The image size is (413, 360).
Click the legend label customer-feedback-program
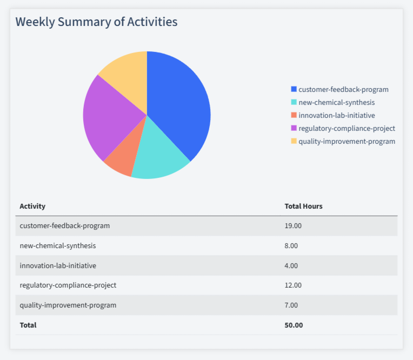click(x=343, y=89)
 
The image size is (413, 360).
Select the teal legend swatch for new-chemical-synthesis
click(x=294, y=102)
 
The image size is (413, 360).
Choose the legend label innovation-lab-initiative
click(x=336, y=115)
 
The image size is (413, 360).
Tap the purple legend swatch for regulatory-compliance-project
click(x=294, y=128)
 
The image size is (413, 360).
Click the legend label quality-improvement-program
click(x=347, y=141)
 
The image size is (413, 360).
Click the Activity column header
click(x=32, y=206)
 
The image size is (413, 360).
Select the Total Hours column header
click(x=303, y=206)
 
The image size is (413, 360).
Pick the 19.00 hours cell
click(x=293, y=225)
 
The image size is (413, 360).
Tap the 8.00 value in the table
click(x=291, y=245)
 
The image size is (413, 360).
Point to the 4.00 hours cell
click(x=291, y=265)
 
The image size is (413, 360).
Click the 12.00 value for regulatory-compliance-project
click(x=293, y=285)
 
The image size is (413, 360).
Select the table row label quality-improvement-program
click(x=68, y=305)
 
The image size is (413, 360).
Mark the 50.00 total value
click(x=294, y=325)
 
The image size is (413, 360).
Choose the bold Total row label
click(x=28, y=325)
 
